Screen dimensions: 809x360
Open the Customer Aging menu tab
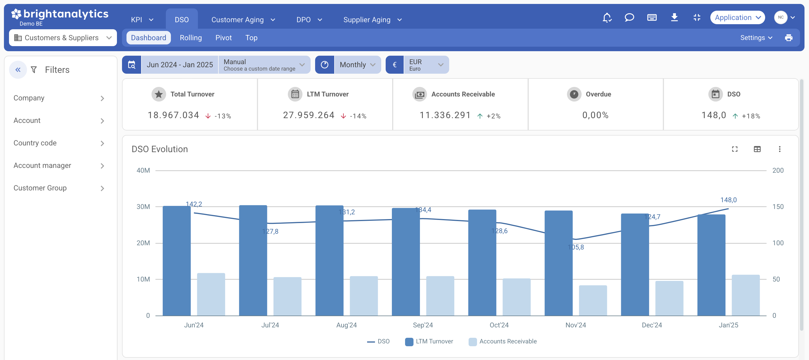coord(243,19)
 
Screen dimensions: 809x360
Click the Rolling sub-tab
coord(191,38)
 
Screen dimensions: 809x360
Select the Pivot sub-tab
coord(223,38)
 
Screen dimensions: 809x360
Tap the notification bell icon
coord(607,18)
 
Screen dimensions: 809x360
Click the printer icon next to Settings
coord(788,38)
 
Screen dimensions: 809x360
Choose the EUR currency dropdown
coord(426,65)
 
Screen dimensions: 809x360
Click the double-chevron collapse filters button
coord(18,69)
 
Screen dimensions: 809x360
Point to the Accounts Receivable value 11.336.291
coord(445,115)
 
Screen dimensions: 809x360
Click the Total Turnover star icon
coord(159,94)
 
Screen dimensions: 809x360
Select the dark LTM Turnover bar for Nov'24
coord(558,263)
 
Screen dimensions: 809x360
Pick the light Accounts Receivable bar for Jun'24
coord(211,294)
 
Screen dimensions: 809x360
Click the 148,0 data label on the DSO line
coord(728,200)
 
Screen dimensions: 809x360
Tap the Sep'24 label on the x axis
coord(423,325)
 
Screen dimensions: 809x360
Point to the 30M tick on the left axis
coord(143,206)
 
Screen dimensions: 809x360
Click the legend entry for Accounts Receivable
coord(503,341)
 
